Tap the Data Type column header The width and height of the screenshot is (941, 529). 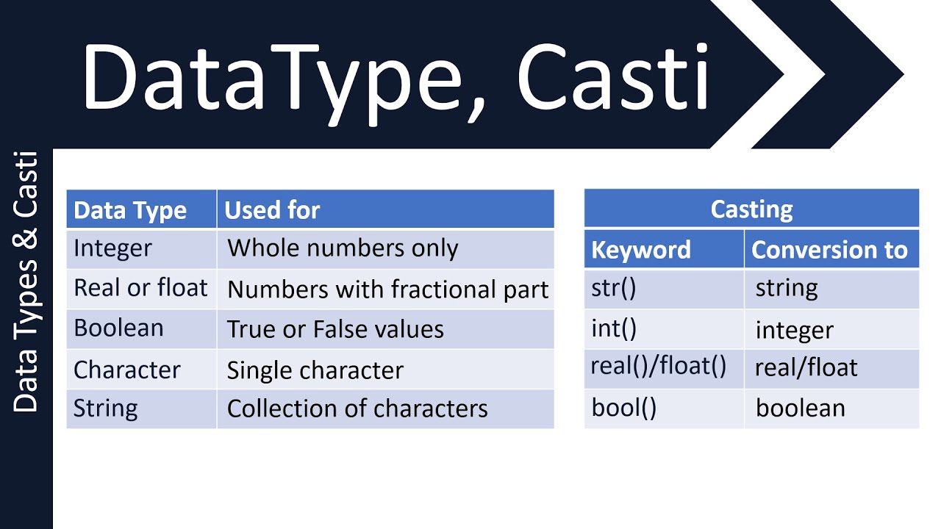point(130,210)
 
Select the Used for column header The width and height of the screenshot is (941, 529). point(272,210)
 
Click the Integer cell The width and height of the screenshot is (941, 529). point(112,248)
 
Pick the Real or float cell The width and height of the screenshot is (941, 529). point(140,288)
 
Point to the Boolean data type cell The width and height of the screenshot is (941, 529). point(118,328)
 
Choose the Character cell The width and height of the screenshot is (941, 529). point(126,370)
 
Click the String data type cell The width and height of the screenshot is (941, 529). point(105,409)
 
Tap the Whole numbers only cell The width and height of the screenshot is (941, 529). point(343,248)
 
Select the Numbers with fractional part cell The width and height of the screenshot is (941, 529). point(387,289)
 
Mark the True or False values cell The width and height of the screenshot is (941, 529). point(335,329)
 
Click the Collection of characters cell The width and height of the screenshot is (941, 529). point(357,409)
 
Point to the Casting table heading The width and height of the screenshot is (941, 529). point(751,209)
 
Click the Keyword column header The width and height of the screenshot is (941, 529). point(640,250)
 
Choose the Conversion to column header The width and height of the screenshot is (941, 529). point(829,250)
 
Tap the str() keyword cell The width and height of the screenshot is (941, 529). point(613,288)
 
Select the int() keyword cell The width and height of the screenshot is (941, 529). point(614,328)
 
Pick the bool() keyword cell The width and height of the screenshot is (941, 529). point(623,408)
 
